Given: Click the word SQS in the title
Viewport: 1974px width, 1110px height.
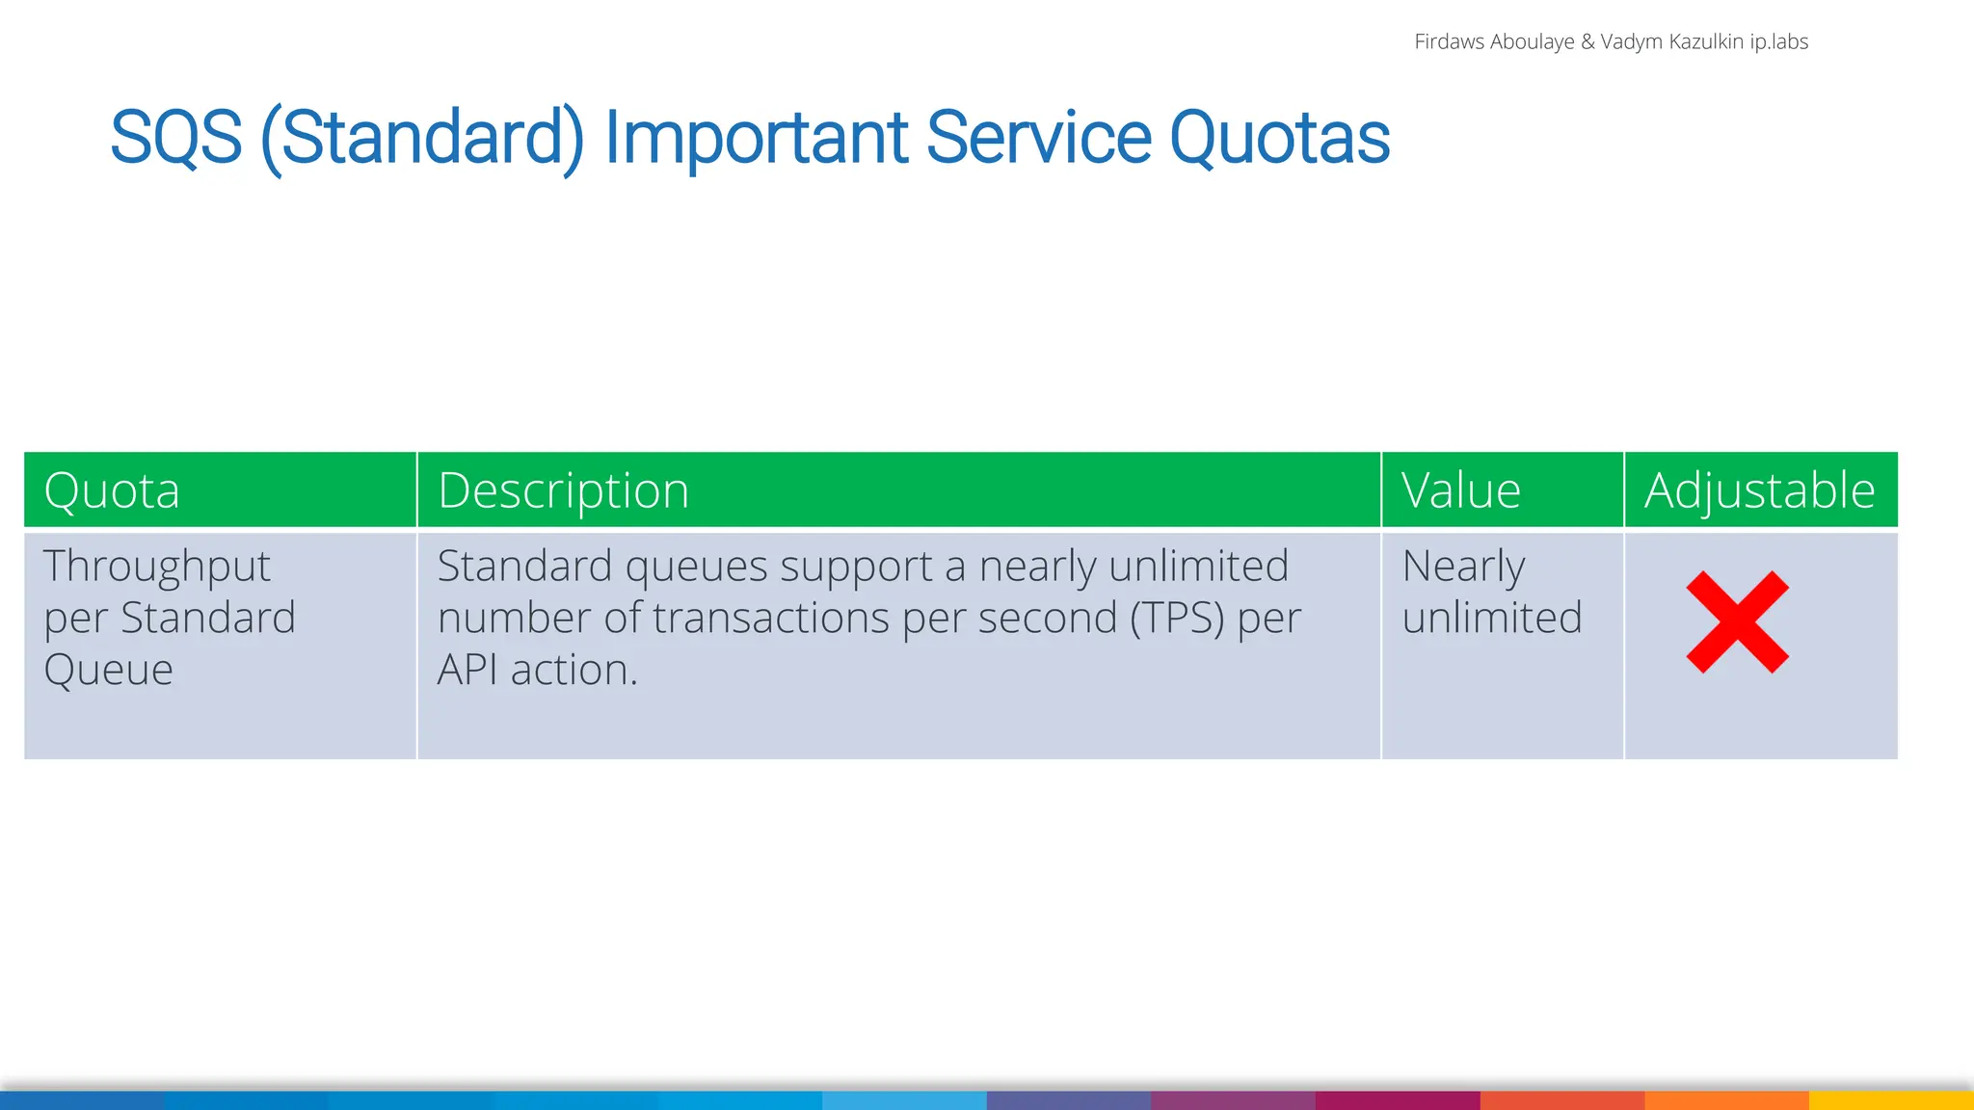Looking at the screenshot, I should [175, 138].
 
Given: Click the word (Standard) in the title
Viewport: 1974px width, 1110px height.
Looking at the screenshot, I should [422, 140].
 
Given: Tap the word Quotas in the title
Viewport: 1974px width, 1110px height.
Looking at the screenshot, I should [1278, 138].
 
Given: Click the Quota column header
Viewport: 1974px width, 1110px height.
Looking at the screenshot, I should [112, 490].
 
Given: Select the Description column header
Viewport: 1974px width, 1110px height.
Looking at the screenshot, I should [563, 491].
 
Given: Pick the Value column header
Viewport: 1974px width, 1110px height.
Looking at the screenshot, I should [1460, 490].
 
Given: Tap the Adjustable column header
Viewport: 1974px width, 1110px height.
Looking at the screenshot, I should [1759, 491].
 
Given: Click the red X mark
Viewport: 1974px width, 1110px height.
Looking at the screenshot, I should [1737, 622].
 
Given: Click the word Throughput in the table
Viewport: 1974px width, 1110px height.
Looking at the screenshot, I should [157, 567].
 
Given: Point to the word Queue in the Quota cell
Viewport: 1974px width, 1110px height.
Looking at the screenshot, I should [108, 670].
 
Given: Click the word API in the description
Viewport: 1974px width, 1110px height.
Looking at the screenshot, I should [467, 670].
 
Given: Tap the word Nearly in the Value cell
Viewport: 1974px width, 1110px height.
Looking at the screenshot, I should [1463, 567].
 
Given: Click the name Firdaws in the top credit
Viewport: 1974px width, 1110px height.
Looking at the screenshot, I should [1449, 41].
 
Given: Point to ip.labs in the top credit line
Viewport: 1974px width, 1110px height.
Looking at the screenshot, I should [1778, 41].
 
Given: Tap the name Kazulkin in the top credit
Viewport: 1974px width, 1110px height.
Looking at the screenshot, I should [1705, 41].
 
